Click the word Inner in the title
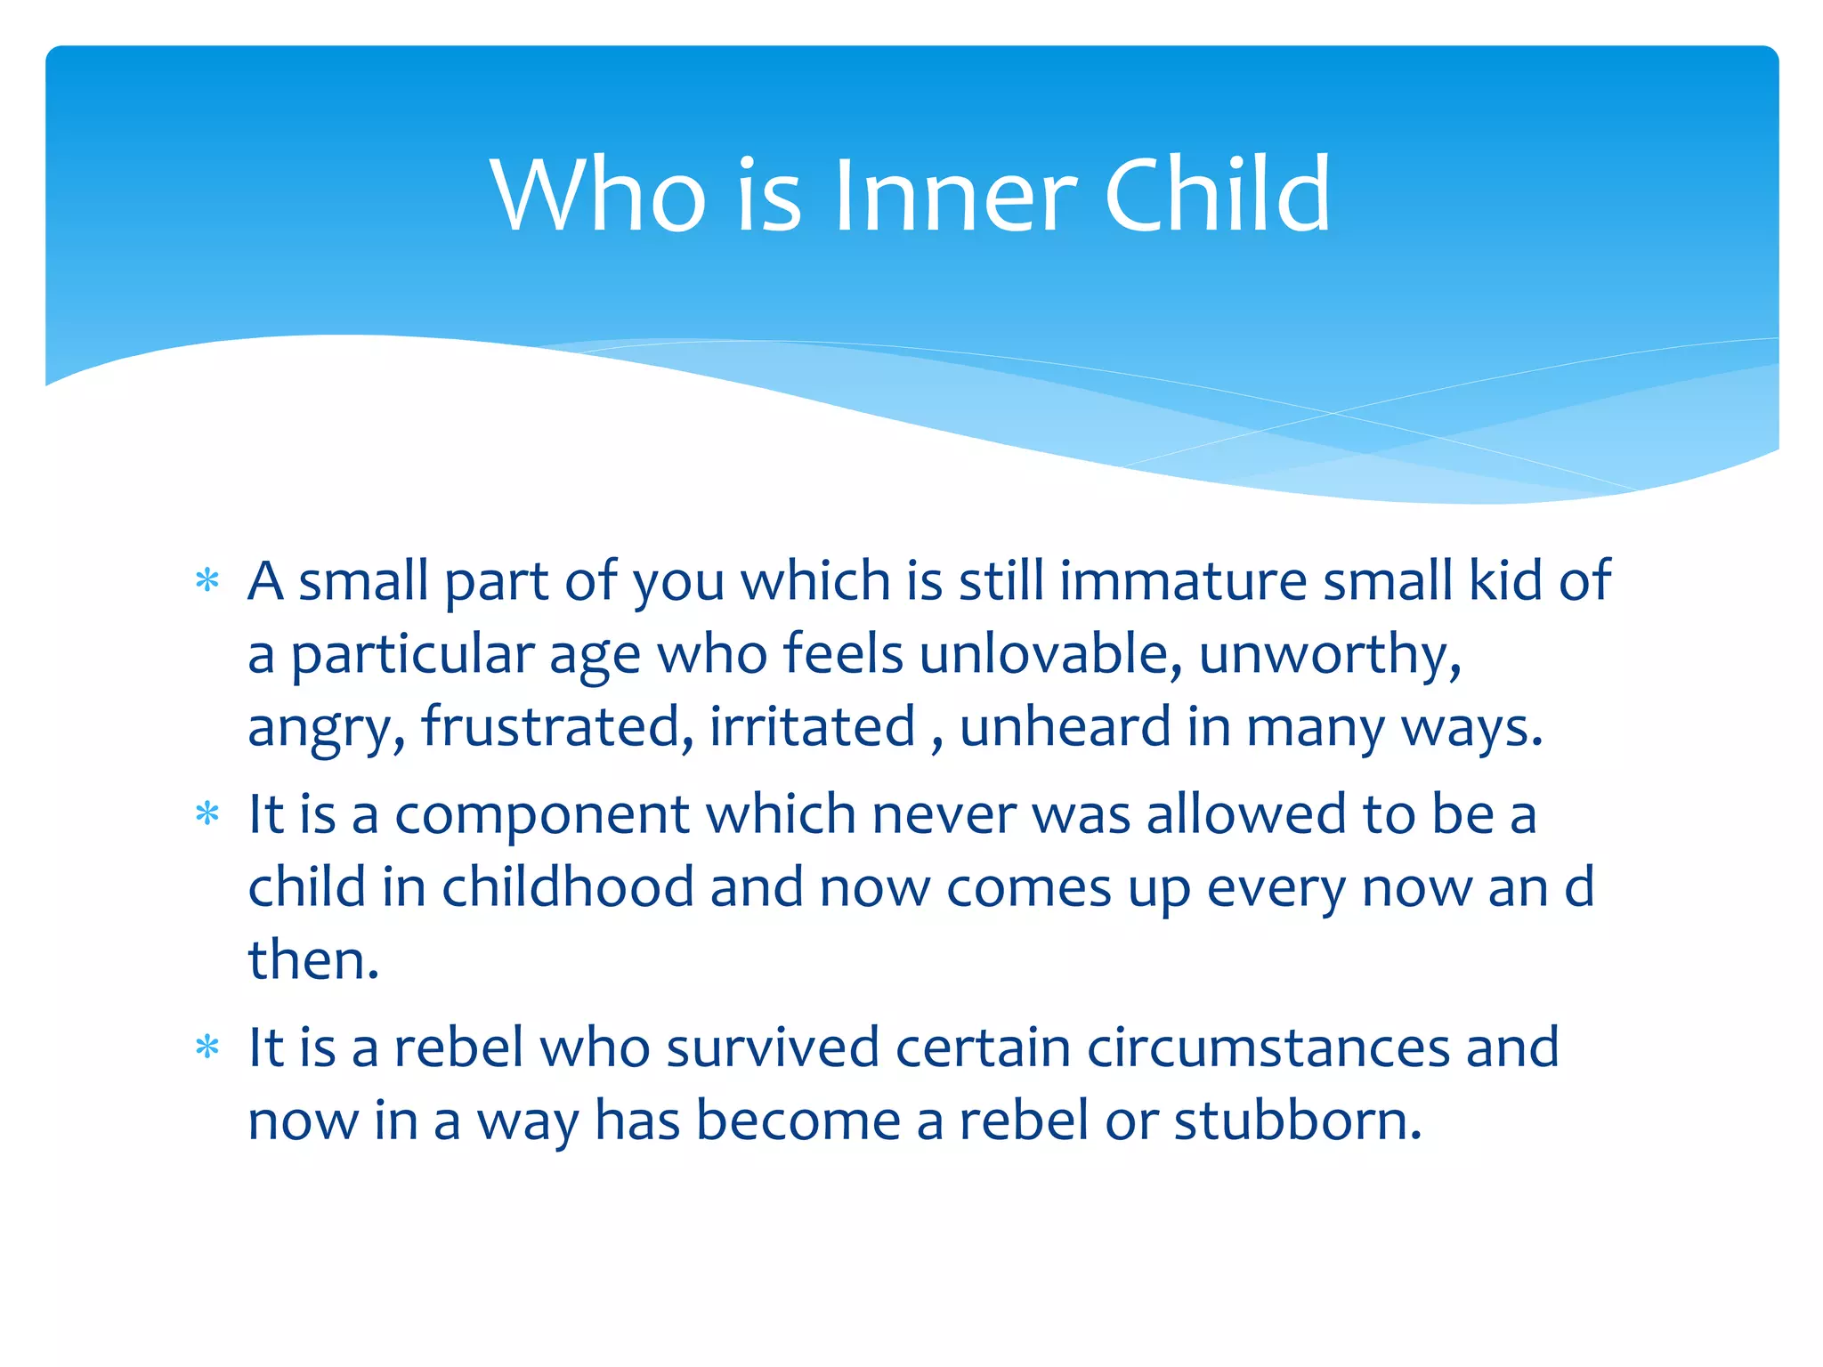click(x=954, y=195)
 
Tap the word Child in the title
click(x=1217, y=195)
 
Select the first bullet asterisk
click(x=207, y=581)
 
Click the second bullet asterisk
click(x=207, y=813)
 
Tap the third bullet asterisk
click(x=207, y=1047)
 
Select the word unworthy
click(x=1330, y=654)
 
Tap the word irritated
click(x=812, y=727)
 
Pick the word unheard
click(x=1065, y=727)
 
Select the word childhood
click(x=568, y=887)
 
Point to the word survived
click(x=773, y=1047)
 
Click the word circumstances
click(x=1268, y=1047)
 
